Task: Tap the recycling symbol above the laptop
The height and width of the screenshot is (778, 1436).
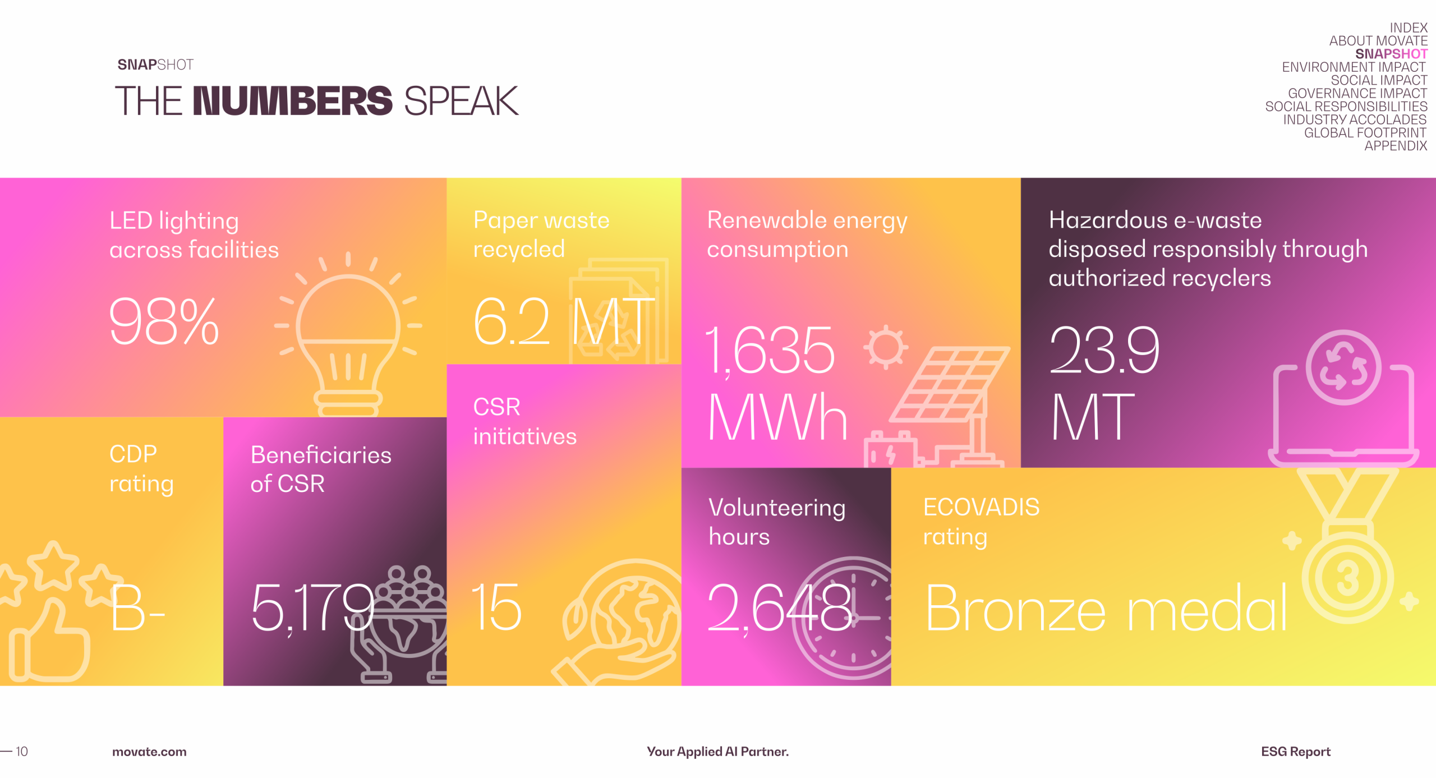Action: [1343, 367]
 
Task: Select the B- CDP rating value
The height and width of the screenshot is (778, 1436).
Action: [137, 609]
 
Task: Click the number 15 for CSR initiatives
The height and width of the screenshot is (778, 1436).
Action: [496, 607]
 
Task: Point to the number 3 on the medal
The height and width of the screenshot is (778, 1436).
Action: [1348, 578]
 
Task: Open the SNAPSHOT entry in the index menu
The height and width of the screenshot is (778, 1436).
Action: [1391, 54]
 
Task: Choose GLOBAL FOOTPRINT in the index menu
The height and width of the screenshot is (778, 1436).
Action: [1365, 133]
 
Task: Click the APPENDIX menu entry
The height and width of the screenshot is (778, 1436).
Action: [1396, 146]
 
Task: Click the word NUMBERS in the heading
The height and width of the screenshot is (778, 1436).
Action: [293, 101]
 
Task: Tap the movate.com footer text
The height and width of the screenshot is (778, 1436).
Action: [149, 752]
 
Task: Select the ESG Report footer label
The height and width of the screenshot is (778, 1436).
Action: [1296, 752]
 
